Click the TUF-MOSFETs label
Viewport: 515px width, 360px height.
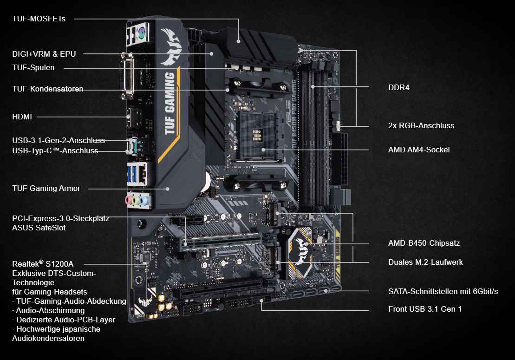(x=39, y=19)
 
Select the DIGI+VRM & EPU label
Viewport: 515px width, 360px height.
(x=44, y=54)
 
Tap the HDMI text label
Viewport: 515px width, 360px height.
(x=22, y=117)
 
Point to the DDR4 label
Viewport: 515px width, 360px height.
(x=399, y=87)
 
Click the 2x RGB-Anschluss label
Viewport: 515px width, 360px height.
(x=421, y=125)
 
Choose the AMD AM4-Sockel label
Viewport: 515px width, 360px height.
(x=419, y=150)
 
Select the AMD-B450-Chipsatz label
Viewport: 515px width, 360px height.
(x=424, y=243)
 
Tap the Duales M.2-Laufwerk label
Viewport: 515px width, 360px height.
(x=425, y=262)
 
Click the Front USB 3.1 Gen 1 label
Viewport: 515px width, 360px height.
(x=425, y=309)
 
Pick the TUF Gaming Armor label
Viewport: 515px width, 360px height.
(x=46, y=188)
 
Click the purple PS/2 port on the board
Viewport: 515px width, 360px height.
(x=141, y=32)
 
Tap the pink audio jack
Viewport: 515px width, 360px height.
(x=129, y=200)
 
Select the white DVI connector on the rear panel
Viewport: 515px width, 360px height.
(x=127, y=76)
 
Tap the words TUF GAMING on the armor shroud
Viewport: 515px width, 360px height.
(x=170, y=104)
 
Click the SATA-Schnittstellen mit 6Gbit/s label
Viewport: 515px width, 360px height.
(x=443, y=291)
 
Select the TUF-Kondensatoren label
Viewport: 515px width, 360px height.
(x=48, y=89)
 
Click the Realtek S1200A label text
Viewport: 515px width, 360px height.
(x=43, y=264)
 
